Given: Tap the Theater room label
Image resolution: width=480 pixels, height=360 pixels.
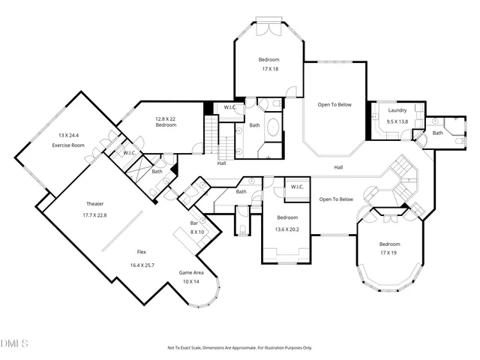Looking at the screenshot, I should [94, 204].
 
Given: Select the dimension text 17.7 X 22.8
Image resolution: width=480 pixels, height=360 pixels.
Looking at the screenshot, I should [94, 214].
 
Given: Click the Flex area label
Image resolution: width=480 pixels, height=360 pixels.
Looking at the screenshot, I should [141, 253].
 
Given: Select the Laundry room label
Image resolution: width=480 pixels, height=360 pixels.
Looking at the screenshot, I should [397, 111].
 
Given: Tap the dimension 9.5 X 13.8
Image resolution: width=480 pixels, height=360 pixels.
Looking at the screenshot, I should [397, 121].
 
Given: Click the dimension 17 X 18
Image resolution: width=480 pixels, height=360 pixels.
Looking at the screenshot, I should [270, 69].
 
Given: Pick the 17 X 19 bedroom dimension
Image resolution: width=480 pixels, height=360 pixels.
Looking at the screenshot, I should [389, 253].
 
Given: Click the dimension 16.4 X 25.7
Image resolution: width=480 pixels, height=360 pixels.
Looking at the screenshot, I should [141, 265].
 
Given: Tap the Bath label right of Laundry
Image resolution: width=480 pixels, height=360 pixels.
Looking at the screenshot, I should [438, 133].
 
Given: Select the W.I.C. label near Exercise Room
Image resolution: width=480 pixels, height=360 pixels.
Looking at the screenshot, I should [129, 154].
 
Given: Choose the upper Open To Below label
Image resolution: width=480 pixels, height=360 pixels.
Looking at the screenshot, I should [334, 104].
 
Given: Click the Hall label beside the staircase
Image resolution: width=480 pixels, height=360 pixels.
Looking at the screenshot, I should [222, 163].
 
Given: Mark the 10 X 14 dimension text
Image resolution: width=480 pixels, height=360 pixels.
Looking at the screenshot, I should [191, 281].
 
